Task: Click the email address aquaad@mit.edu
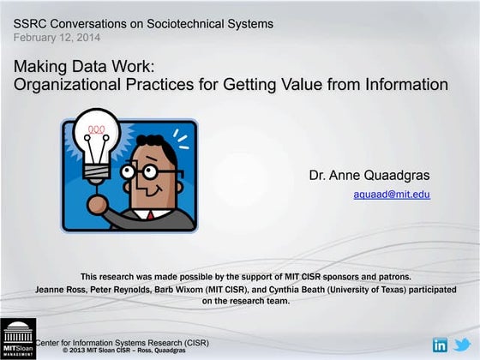click(392, 195)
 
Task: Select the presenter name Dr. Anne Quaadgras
click(369, 176)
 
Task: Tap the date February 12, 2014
click(57, 38)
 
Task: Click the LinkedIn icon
click(441, 345)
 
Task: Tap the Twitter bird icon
click(463, 345)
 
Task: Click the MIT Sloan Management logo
click(17, 339)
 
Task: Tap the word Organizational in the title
click(62, 84)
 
